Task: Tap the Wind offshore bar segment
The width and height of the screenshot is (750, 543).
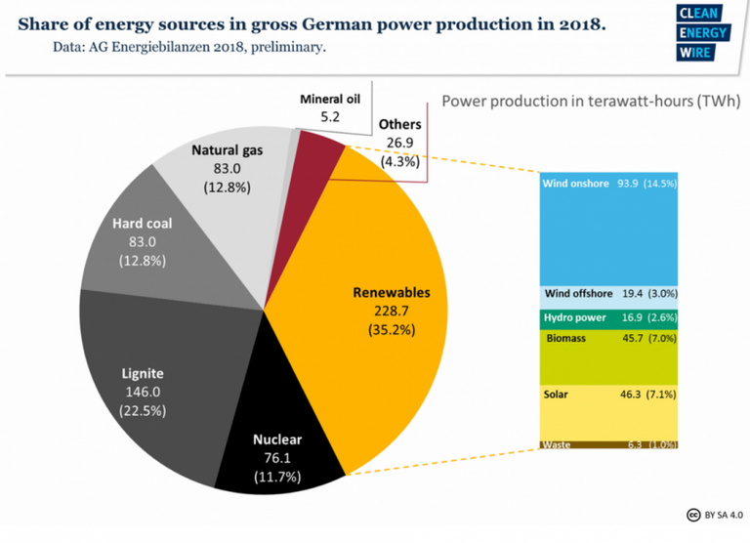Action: pos(609,293)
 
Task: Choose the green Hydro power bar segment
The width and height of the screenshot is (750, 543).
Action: pos(609,318)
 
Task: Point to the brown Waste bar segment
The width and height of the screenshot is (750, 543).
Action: pos(609,445)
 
